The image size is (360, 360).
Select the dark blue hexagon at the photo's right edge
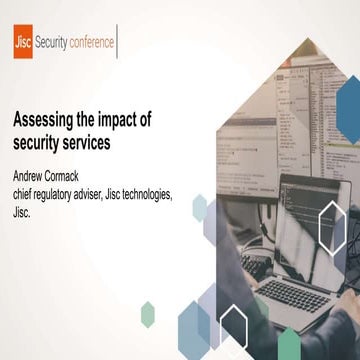point(349,100)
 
